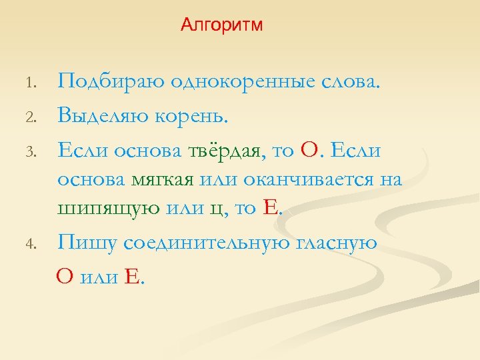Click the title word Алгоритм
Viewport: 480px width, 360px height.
[222, 25]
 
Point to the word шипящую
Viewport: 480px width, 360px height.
[108, 209]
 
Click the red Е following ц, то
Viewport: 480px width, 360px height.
[270, 208]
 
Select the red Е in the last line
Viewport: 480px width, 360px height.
[131, 277]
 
